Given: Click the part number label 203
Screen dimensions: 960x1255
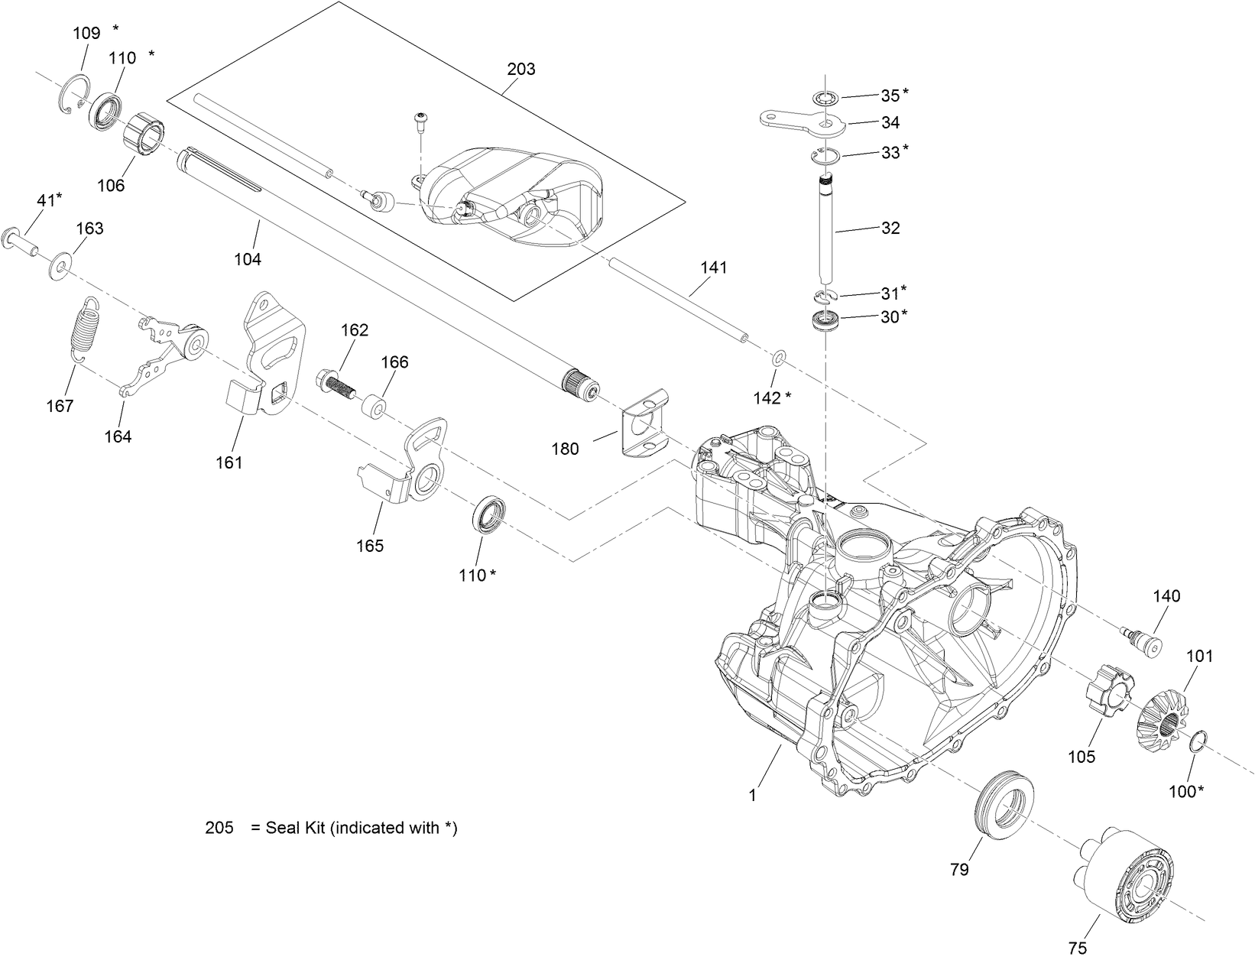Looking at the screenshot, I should point(520,70).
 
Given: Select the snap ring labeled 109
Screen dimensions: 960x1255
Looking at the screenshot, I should point(74,96).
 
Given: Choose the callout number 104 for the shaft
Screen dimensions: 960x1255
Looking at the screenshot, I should point(247,259).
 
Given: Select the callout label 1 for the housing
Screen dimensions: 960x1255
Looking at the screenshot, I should point(752,796).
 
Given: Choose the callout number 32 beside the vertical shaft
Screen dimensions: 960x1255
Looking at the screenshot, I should point(890,228).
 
